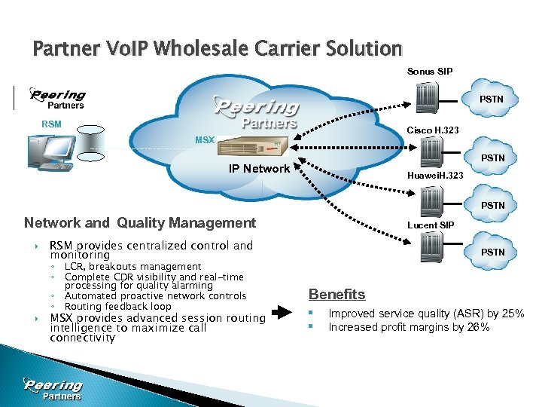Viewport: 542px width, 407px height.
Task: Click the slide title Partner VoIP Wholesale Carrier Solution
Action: point(218,50)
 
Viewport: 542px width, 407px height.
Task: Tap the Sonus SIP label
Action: point(431,72)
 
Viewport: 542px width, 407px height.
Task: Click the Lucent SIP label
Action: point(430,225)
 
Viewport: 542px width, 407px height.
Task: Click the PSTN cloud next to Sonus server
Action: point(492,99)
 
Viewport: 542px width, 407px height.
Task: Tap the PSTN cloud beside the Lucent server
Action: point(492,252)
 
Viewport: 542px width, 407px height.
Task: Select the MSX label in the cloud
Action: point(205,140)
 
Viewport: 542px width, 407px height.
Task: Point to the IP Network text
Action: point(259,168)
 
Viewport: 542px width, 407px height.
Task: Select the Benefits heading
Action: point(336,294)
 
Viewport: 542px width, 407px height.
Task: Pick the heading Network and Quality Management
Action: point(140,222)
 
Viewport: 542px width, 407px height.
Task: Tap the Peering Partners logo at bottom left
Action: point(53,389)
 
